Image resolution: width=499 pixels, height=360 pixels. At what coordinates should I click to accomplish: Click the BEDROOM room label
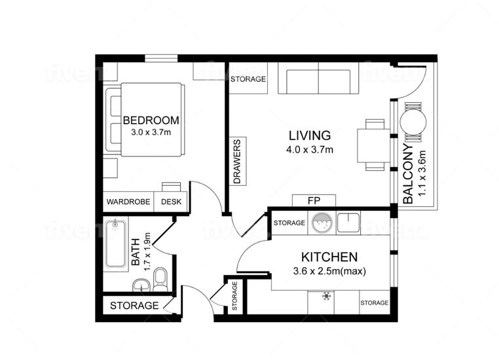151,120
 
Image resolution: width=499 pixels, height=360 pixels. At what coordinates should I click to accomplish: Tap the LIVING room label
310,135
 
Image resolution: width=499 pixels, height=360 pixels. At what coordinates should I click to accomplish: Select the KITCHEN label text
329,257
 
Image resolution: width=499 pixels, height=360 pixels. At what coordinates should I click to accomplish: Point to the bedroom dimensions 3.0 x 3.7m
151,132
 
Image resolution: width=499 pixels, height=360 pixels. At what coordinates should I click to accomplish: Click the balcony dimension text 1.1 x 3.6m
422,173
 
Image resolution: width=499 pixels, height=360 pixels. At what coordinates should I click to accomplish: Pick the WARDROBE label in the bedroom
128,202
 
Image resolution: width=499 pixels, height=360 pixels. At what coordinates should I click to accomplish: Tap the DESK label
171,202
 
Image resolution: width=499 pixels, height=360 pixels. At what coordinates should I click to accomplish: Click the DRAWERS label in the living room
237,162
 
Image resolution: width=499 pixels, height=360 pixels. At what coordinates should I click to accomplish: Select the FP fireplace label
314,201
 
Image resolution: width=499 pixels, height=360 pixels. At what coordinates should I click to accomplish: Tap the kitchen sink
348,223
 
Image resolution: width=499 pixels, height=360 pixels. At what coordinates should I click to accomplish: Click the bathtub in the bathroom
115,243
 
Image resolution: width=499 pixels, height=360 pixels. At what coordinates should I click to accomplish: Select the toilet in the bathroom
160,279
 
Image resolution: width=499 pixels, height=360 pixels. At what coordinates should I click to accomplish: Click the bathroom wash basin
141,285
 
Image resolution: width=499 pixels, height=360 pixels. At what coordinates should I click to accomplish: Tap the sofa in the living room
318,79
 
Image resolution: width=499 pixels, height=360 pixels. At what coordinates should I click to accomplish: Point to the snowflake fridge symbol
326,296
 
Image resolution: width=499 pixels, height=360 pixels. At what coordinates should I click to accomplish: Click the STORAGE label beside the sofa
248,79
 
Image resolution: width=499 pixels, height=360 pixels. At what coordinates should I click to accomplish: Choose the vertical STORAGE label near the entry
234,296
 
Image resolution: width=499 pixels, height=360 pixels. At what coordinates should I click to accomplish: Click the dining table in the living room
374,145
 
